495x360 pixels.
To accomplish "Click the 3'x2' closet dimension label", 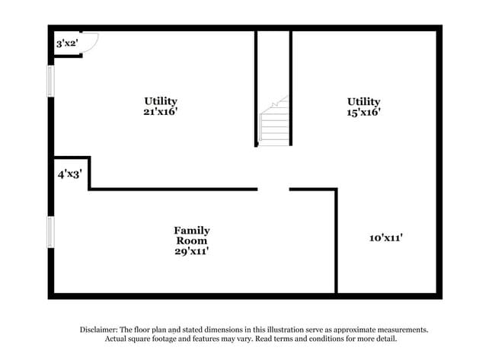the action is [67, 43].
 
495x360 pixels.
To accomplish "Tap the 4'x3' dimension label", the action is [70, 174].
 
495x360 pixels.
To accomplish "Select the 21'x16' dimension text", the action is [161, 112].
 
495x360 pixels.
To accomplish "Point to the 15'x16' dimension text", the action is [363, 113].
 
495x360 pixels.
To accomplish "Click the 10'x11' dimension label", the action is [386, 237].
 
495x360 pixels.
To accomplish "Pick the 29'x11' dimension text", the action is [192, 251].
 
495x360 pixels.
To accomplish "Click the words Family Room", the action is [192, 235].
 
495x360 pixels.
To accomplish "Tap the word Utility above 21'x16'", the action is [161, 101].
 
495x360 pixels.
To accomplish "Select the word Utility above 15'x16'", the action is [364, 101].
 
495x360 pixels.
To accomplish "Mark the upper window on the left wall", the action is [50, 81].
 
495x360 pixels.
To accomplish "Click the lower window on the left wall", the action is [50, 232].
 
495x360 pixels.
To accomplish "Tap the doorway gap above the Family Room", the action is [273, 190].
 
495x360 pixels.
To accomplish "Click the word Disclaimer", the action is [99, 330].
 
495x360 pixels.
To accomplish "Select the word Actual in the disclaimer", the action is [115, 339].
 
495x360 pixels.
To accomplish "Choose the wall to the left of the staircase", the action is [256, 88].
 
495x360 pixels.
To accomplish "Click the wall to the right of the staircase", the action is [291, 88].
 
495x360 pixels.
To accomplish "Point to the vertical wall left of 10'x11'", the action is [336, 241].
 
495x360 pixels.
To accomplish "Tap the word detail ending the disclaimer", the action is [387, 339].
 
